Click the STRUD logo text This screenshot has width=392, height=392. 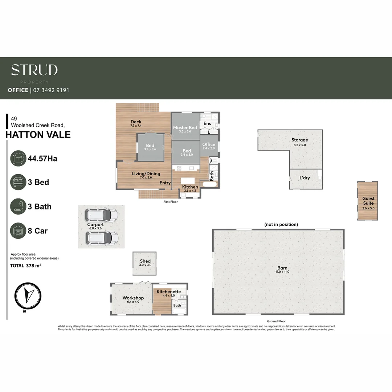pos(34,70)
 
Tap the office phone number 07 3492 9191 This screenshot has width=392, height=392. pos(51,90)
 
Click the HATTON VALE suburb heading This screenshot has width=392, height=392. pos(38,135)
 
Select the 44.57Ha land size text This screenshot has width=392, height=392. pos(42,158)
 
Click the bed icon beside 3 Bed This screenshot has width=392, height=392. pos(18,182)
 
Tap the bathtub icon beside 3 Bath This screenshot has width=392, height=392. pos(18,207)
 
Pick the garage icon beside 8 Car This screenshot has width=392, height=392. pos(18,231)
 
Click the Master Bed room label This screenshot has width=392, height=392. pos(185,128)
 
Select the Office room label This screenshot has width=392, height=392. pos(209,145)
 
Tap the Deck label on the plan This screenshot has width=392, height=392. pos(136,122)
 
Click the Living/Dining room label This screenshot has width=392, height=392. pos(146,174)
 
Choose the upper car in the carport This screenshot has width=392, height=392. pos(101,215)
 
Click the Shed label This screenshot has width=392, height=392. pos(145,261)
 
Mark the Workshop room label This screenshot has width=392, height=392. pos(133,298)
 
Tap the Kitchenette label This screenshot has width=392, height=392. pos(168,292)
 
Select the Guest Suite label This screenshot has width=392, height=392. pos(368,201)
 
